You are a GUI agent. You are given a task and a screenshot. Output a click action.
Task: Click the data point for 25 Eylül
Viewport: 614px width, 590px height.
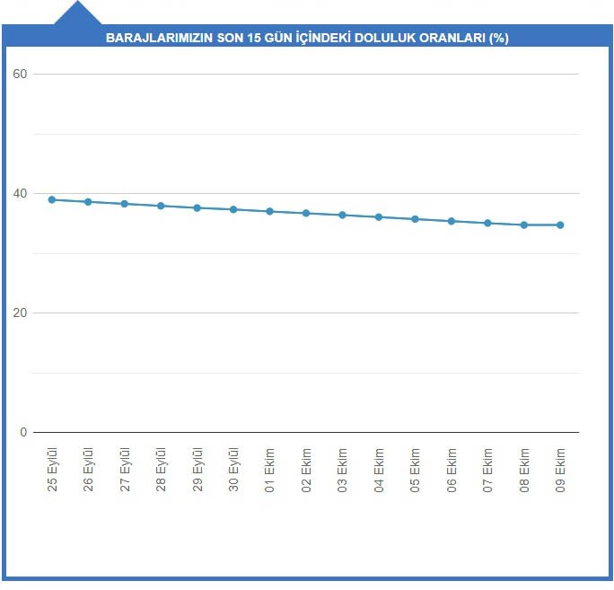[52, 199]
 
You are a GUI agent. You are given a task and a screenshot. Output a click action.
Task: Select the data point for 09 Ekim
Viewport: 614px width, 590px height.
[560, 225]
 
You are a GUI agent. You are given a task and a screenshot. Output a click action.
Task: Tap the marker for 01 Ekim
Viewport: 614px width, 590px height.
[270, 212]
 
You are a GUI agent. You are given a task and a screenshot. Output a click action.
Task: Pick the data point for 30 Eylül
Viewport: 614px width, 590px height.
[233, 209]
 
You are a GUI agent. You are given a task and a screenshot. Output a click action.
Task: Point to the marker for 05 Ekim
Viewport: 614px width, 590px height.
[415, 219]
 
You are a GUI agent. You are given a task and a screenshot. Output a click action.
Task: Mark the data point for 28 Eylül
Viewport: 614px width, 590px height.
[161, 206]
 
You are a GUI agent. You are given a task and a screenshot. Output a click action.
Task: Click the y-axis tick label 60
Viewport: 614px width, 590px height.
[20, 74]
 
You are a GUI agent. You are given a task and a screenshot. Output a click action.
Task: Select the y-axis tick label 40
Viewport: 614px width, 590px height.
[20, 194]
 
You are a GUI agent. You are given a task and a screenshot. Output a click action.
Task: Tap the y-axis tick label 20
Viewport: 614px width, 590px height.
[20, 313]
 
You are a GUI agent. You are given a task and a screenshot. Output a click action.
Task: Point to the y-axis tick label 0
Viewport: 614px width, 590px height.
[23, 432]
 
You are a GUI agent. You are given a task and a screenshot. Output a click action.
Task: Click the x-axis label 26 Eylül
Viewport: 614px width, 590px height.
[88, 470]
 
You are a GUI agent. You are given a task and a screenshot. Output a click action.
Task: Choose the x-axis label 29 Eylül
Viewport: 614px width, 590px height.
[197, 470]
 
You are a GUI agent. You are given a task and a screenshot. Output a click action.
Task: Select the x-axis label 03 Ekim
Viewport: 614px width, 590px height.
[342, 471]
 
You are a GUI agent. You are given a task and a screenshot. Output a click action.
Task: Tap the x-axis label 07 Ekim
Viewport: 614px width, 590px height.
[487, 471]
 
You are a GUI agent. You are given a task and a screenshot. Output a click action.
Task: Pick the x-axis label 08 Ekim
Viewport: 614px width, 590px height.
[524, 471]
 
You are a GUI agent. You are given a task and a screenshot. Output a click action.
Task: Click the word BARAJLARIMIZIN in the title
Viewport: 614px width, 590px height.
[160, 38]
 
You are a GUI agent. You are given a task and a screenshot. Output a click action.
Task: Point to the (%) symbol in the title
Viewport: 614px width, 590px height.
[499, 38]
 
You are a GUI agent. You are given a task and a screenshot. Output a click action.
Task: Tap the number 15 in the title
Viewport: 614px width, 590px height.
[254, 38]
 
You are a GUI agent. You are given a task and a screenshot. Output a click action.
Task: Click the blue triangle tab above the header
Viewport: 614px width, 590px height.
[77, 13]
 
